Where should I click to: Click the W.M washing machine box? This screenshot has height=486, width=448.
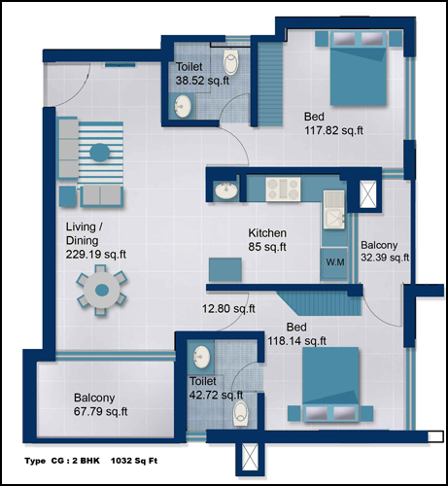tap(334, 263)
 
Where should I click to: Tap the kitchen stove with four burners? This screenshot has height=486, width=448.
tap(283, 190)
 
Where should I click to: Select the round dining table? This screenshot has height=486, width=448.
tap(102, 290)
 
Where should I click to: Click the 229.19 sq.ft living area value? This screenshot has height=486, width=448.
tap(96, 255)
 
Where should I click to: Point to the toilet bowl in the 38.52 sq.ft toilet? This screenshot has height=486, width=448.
tap(230, 62)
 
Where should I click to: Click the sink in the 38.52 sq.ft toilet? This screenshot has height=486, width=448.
tap(183, 106)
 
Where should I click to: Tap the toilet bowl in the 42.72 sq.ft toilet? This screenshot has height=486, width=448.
tap(241, 413)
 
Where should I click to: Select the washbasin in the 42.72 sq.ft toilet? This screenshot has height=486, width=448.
tap(201, 357)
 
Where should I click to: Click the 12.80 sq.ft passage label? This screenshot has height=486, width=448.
tap(228, 308)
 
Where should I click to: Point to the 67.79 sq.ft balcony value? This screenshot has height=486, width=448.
tap(100, 411)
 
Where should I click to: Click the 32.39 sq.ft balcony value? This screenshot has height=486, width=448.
tap(385, 258)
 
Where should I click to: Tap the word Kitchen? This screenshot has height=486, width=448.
tap(267, 233)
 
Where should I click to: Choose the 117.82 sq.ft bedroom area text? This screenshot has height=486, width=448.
tap(333, 130)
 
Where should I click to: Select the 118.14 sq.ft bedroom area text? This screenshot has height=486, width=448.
tap(297, 341)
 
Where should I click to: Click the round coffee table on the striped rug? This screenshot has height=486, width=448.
tap(99, 153)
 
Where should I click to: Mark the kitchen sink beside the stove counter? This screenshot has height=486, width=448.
tap(334, 210)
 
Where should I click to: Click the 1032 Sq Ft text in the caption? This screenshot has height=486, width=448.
tap(134, 461)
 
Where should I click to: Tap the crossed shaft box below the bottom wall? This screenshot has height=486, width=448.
tap(251, 458)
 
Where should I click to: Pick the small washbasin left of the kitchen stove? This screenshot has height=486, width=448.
tap(226, 191)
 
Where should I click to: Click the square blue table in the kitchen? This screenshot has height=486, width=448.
tap(225, 269)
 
